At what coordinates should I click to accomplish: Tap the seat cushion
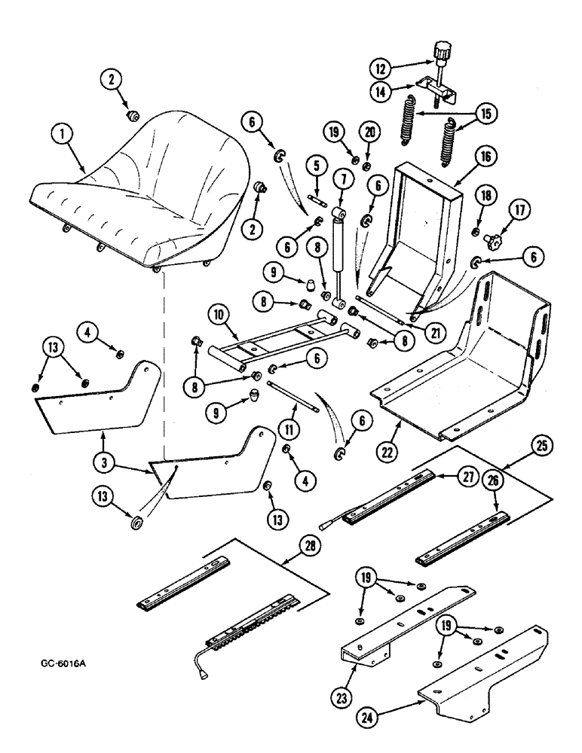coord(143,196)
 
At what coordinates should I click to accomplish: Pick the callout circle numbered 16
coord(484,157)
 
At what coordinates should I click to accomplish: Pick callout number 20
coord(367,131)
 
